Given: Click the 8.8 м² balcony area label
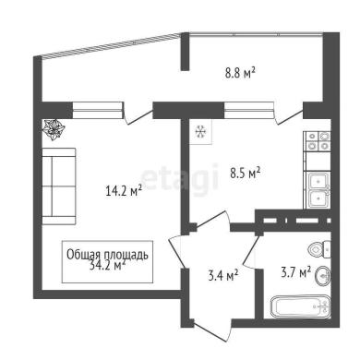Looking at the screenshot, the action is point(240,73).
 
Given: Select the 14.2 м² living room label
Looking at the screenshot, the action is point(124,190).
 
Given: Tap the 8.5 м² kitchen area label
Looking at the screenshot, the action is point(246,173).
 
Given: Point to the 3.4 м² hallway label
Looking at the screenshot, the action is point(223,275).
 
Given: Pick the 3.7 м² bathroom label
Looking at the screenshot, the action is point(296,272).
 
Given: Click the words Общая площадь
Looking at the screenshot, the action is point(107,255).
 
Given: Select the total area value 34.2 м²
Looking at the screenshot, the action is point(107,265).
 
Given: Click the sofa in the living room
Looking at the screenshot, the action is point(59,186).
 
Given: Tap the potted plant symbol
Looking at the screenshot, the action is point(54,129).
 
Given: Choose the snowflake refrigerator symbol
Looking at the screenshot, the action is point(200,132).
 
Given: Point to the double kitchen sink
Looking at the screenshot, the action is point(318,190).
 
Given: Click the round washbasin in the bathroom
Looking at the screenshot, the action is point(322,276).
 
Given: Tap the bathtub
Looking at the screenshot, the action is point(301,307).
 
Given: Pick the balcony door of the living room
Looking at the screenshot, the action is point(138,114).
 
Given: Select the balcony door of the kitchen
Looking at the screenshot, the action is point(288,114).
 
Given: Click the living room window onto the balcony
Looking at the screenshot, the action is point(98,110).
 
